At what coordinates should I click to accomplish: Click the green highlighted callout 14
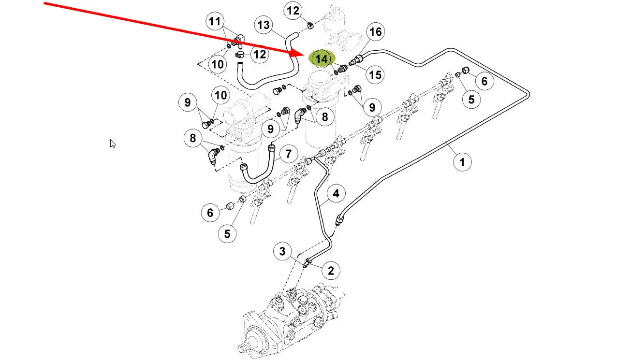(x=322, y=59)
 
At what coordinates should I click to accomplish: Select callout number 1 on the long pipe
(x=462, y=162)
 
